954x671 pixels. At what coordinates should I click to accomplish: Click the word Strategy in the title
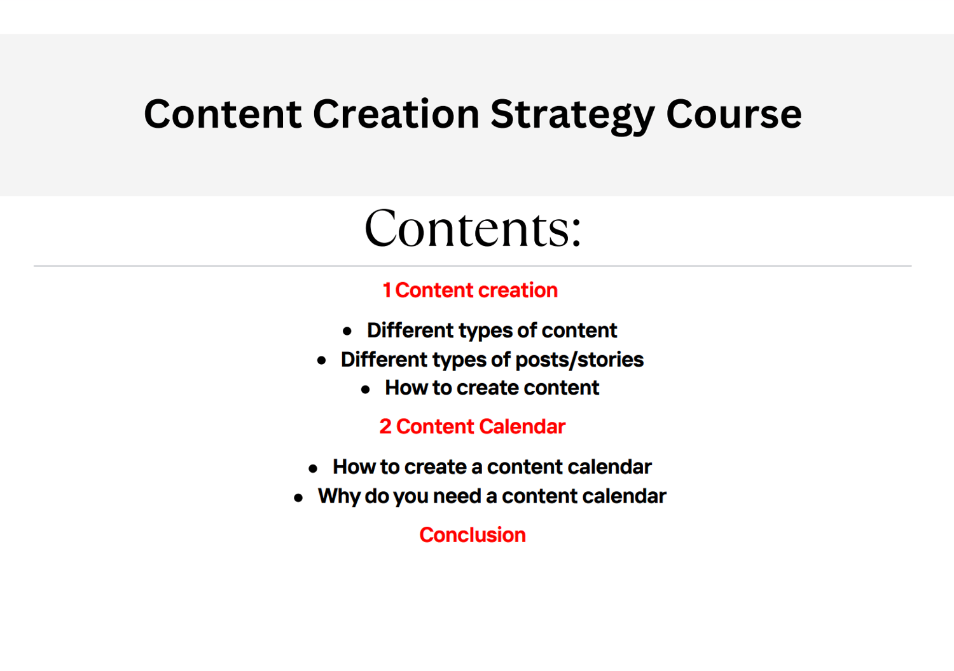(x=573, y=115)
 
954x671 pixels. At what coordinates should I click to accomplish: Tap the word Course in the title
(x=734, y=114)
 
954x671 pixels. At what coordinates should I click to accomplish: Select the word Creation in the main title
(x=396, y=114)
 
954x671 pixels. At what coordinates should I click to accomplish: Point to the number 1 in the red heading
(x=387, y=290)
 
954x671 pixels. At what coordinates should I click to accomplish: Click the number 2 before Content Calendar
(x=385, y=427)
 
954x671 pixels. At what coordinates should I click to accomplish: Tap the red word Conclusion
(x=473, y=535)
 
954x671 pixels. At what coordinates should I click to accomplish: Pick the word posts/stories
(x=579, y=360)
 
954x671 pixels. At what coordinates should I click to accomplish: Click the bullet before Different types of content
(x=347, y=331)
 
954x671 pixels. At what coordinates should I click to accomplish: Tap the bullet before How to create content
(x=365, y=389)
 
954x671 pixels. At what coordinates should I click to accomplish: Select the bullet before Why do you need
(x=298, y=498)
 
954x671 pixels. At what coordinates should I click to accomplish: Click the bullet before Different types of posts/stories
(x=322, y=361)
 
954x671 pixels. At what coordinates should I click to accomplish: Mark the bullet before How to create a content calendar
(x=313, y=468)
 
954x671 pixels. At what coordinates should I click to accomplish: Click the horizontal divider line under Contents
(x=473, y=266)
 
